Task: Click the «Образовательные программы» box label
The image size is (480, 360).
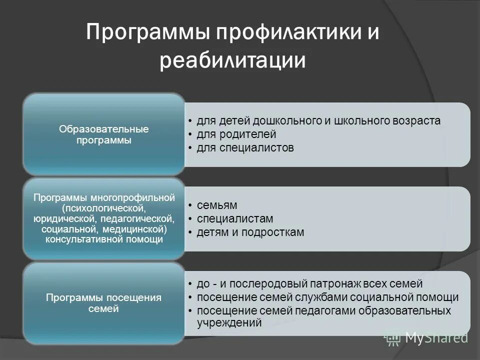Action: coord(104,134)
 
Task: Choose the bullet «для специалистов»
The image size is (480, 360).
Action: coord(245,148)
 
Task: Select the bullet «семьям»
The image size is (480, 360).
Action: coord(216,205)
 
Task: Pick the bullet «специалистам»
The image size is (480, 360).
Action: coord(235,219)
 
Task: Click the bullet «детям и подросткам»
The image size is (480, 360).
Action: coord(250,232)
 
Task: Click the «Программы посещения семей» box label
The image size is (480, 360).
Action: coord(104,303)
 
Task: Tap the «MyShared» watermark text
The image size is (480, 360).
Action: coord(436,337)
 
